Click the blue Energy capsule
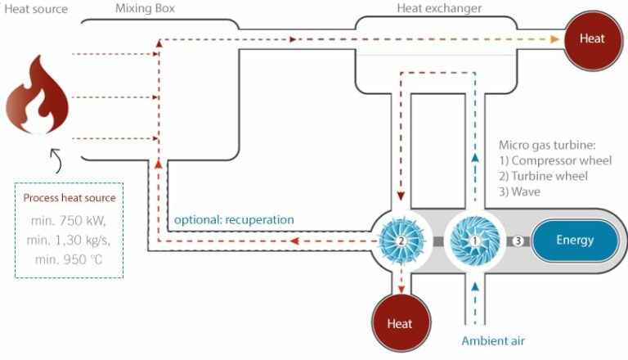574,241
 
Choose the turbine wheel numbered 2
401,241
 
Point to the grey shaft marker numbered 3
518,241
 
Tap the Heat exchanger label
438,9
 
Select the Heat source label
34,9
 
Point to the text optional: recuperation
234,219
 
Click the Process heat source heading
70,198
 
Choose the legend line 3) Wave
523,192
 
